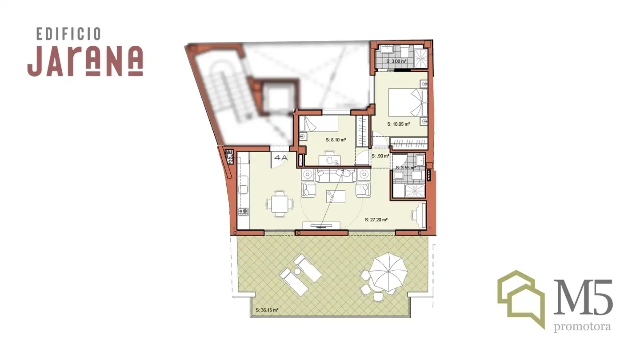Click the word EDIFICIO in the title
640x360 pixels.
click(68, 34)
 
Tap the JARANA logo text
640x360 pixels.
click(85, 61)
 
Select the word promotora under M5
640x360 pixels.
click(582, 327)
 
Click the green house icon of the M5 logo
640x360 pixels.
click(521, 299)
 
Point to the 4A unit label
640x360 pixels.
click(280, 158)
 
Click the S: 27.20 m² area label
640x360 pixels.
click(376, 220)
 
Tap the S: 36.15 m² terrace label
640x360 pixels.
click(267, 310)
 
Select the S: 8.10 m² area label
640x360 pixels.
click(336, 140)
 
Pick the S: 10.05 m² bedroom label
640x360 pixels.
click(399, 124)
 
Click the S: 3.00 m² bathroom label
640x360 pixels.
click(396, 61)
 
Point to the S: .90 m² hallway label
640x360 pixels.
click(380, 156)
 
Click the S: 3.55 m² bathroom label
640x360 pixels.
click(406, 168)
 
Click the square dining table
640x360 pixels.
click(280, 204)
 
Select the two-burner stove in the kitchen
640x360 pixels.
click(243, 212)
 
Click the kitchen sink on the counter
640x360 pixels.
click(243, 185)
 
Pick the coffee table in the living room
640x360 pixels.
click(336, 196)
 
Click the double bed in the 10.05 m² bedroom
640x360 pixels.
click(408, 103)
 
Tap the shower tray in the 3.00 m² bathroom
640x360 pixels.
click(421, 59)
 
